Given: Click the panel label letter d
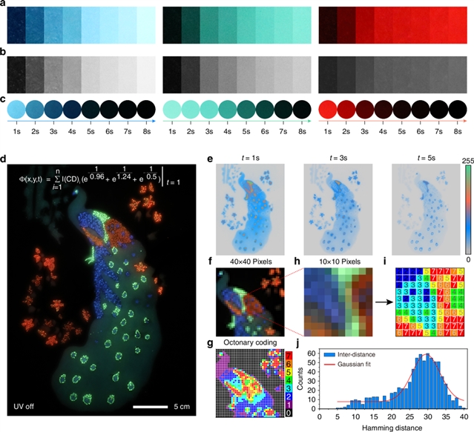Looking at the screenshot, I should coord(5,158).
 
